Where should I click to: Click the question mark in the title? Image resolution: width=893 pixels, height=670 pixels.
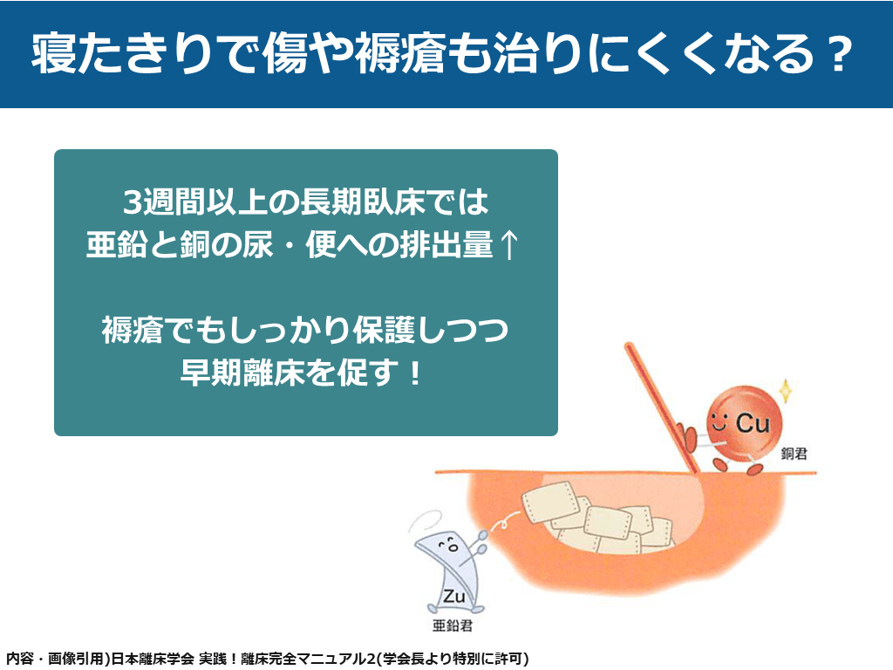[x=838, y=55]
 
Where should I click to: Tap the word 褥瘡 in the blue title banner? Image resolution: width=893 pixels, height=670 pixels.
[x=399, y=53]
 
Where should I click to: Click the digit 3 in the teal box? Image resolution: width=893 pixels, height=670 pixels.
[x=133, y=202]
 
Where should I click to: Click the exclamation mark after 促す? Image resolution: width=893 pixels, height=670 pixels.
[x=414, y=373]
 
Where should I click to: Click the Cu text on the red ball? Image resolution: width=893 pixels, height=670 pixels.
[x=753, y=423]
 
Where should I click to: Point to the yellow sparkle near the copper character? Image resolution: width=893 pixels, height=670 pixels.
[x=786, y=390]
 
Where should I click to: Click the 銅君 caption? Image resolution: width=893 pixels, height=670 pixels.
[x=794, y=454]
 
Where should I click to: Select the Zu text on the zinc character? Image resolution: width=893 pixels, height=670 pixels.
[x=453, y=597]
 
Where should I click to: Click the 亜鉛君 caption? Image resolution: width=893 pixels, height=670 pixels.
[x=453, y=626]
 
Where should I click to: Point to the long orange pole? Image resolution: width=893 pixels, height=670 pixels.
[x=661, y=408]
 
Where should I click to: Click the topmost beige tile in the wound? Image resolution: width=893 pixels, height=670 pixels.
[x=551, y=502]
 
